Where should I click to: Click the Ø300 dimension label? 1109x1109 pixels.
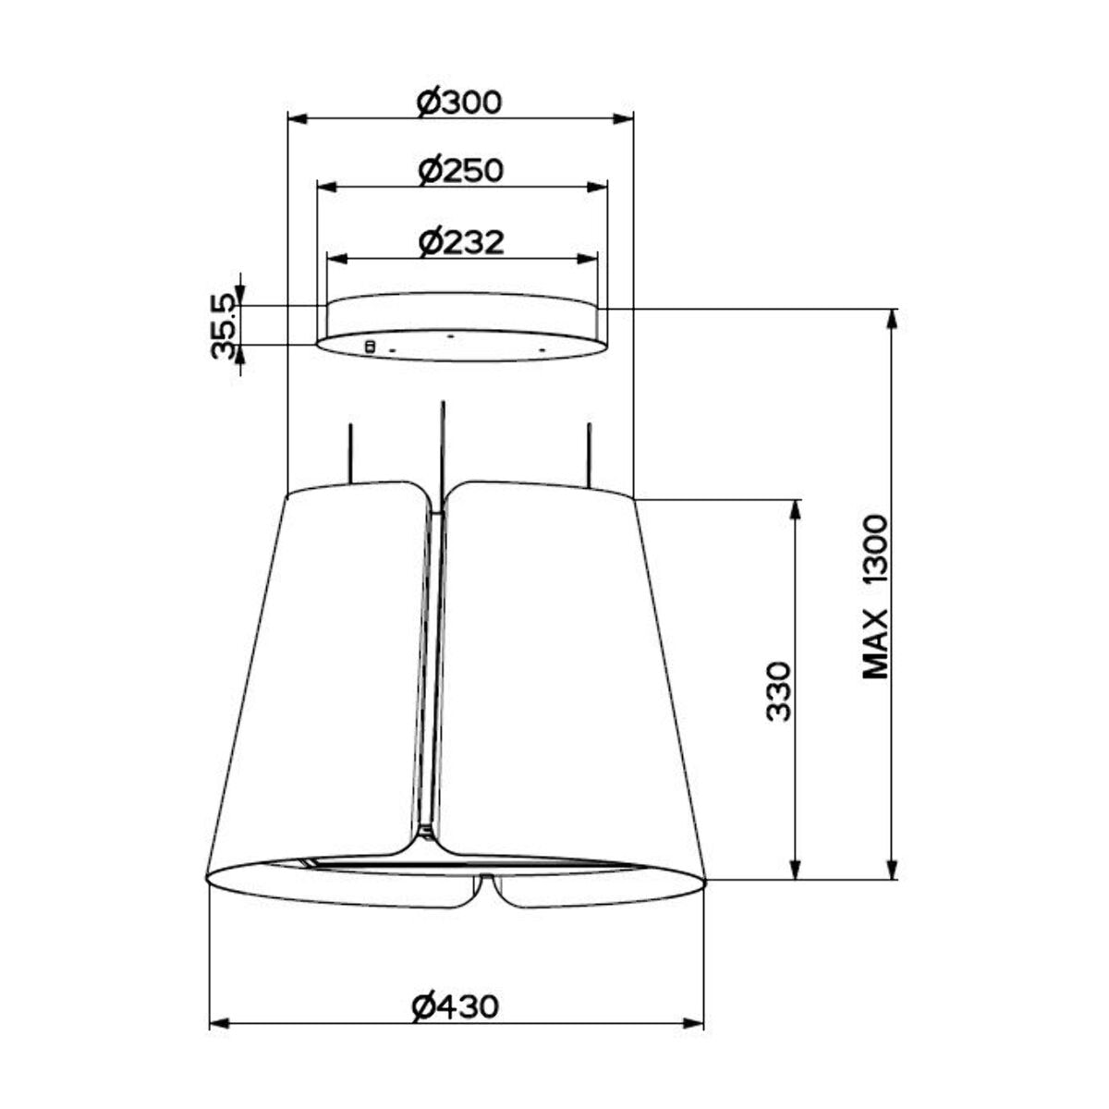tap(459, 103)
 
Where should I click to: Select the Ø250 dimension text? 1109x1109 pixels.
tap(461, 171)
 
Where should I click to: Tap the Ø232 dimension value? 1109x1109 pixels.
tap(461, 242)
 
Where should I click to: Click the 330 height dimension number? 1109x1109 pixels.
tap(780, 691)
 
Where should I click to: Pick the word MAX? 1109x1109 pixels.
tap(876, 645)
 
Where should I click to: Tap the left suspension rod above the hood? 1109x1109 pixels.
tap(349, 454)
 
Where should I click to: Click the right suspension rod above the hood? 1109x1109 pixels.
tap(589, 455)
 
